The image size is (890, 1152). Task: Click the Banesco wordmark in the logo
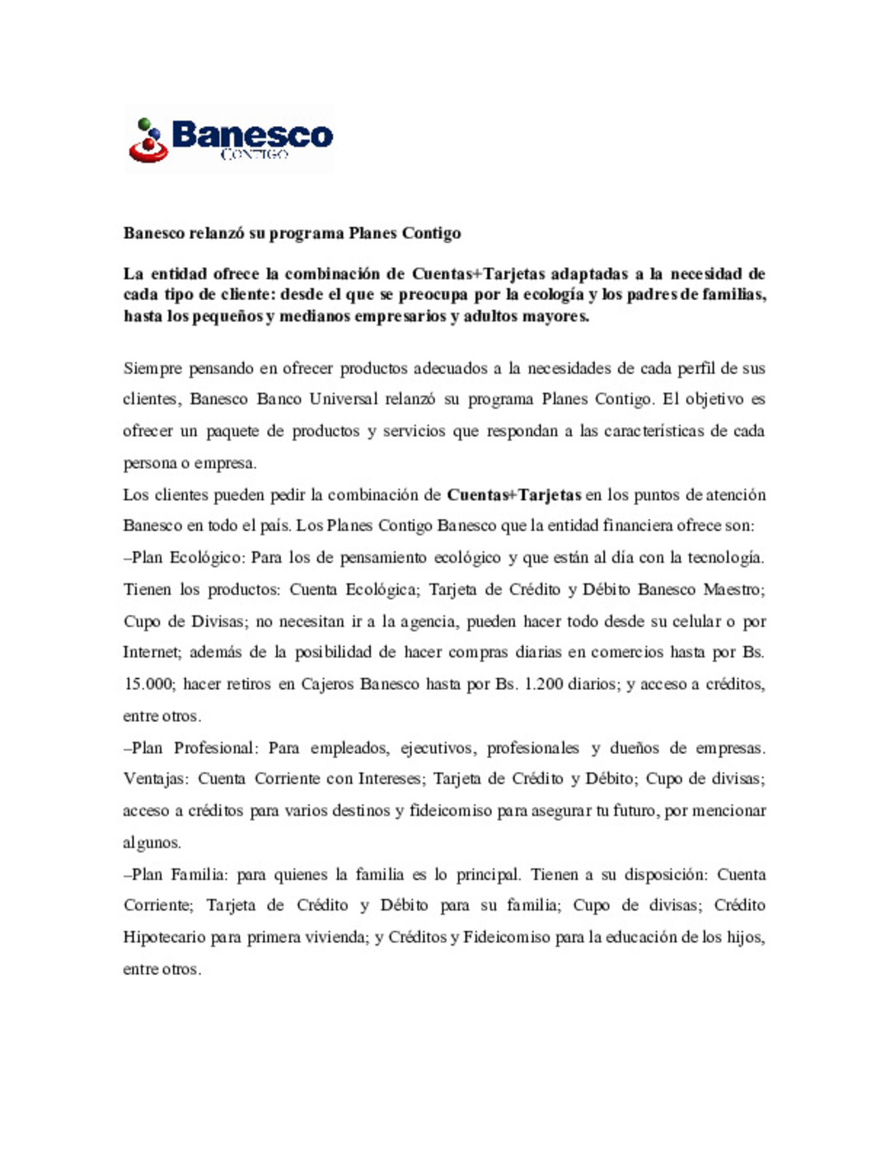coord(252,134)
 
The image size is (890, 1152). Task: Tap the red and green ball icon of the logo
coord(148,140)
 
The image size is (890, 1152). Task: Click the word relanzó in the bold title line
coord(217,233)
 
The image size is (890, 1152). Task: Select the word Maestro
coord(733,590)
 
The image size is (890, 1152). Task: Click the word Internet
coord(151,653)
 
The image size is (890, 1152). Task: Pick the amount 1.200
coord(544,685)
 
